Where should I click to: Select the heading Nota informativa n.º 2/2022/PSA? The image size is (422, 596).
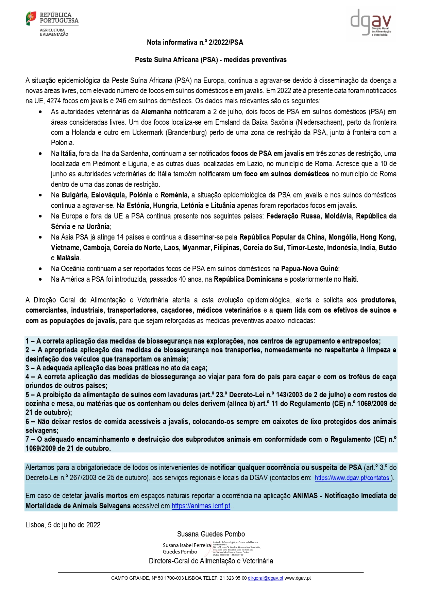pyautogui.click(x=195, y=42)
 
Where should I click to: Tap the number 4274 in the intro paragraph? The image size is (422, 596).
pyautogui.click(x=54, y=101)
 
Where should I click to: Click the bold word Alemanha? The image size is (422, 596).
pyautogui.click(x=156, y=112)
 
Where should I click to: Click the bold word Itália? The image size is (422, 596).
pyautogui.click(x=69, y=154)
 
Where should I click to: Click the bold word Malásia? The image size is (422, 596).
pyautogui.click(x=68, y=258)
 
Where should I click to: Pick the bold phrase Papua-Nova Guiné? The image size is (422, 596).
pyautogui.click(x=309, y=269)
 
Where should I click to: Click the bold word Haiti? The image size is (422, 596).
pyautogui.click(x=350, y=279)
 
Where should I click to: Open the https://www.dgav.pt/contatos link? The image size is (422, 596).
pyautogui.click(x=352, y=478)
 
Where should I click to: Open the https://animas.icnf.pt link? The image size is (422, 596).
pyautogui.click(x=201, y=506)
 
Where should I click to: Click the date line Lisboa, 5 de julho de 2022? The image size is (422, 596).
pyautogui.click(x=63, y=525)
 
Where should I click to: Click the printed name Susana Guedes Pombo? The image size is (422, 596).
pyautogui.click(x=211, y=534)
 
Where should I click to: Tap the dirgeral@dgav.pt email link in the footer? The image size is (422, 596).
pyautogui.click(x=265, y=578)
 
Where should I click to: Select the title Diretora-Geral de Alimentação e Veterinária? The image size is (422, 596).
pyautogui.click(x=211, y=561)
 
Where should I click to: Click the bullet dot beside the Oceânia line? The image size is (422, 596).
pyautogui.click(x=40, y=269)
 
